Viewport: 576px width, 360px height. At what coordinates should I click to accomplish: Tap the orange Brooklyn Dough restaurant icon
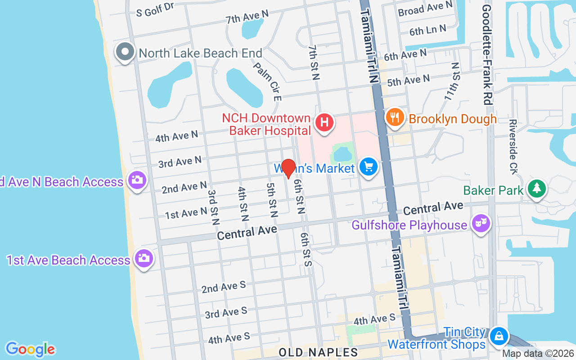[395, 117]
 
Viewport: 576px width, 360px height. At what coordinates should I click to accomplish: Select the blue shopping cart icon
[369, 167]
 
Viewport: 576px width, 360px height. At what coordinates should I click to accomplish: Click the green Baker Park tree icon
[536, 189]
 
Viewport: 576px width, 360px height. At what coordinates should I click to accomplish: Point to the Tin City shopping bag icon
[499, 336]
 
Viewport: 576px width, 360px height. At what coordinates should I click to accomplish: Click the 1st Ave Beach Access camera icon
[144, 258]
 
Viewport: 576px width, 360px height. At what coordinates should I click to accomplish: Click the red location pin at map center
[288, 169]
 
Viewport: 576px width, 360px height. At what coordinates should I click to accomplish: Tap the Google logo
[30, 349]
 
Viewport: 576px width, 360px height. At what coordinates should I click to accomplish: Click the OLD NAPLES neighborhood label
[318, 352]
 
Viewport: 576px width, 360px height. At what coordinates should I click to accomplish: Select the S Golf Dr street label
[155, 9]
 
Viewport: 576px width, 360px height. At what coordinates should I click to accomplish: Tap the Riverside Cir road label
[513, 146]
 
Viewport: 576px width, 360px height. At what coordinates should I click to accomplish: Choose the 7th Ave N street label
[247, 17]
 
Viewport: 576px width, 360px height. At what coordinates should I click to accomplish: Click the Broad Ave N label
[425, 8]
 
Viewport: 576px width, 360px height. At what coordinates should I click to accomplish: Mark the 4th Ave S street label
[229, 338]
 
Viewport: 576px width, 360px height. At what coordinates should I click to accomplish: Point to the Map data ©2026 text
[538, 354]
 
